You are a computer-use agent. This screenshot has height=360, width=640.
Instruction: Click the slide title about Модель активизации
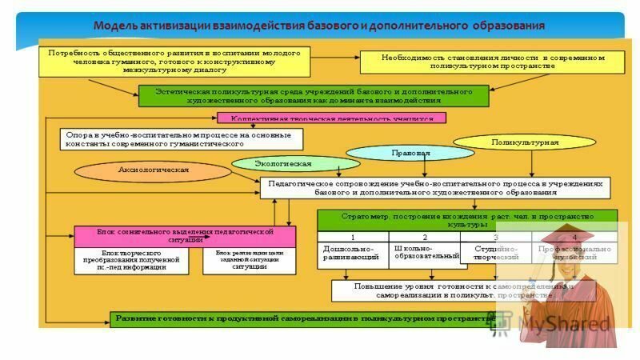coord(318,26)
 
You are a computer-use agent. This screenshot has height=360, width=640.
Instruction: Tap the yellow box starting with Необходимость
coord(491,62)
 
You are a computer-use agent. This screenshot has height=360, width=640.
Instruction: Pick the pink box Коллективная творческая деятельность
coord(331,118)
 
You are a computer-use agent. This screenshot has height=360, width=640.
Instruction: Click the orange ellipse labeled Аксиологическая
coord(153,170)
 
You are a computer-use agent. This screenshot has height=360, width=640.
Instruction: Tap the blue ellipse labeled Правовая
coord(410,153)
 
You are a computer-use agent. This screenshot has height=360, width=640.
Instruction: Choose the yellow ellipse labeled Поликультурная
coord(524,142)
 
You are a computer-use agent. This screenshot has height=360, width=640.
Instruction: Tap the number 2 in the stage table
coord(424,237)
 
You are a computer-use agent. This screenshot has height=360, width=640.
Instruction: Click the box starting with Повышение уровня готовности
coord(464,290)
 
